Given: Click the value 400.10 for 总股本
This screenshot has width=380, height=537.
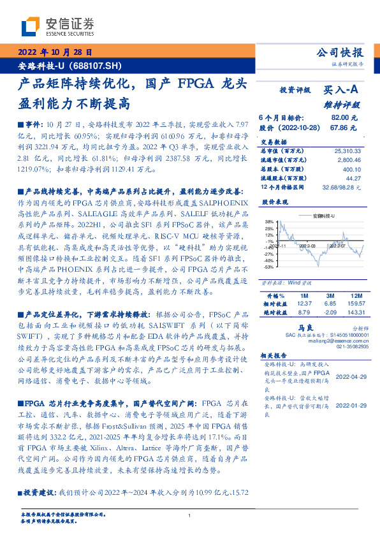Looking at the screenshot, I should [351, 169].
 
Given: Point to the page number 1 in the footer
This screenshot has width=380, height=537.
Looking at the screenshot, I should [190, 516].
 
